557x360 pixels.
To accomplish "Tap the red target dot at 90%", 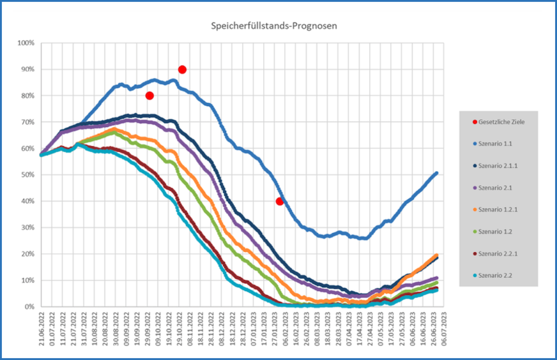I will pos(182,70).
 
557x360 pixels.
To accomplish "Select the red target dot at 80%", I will pos(149,96).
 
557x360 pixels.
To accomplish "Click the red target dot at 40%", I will pos(279,201).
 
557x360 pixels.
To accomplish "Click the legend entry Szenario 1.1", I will pos(498,144).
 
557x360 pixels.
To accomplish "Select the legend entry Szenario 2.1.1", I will pos(500,165).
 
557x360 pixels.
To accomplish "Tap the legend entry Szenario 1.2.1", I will pos(500,209).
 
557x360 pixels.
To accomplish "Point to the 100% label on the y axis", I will pos(26,43).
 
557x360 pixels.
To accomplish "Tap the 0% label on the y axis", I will pos(29,307).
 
